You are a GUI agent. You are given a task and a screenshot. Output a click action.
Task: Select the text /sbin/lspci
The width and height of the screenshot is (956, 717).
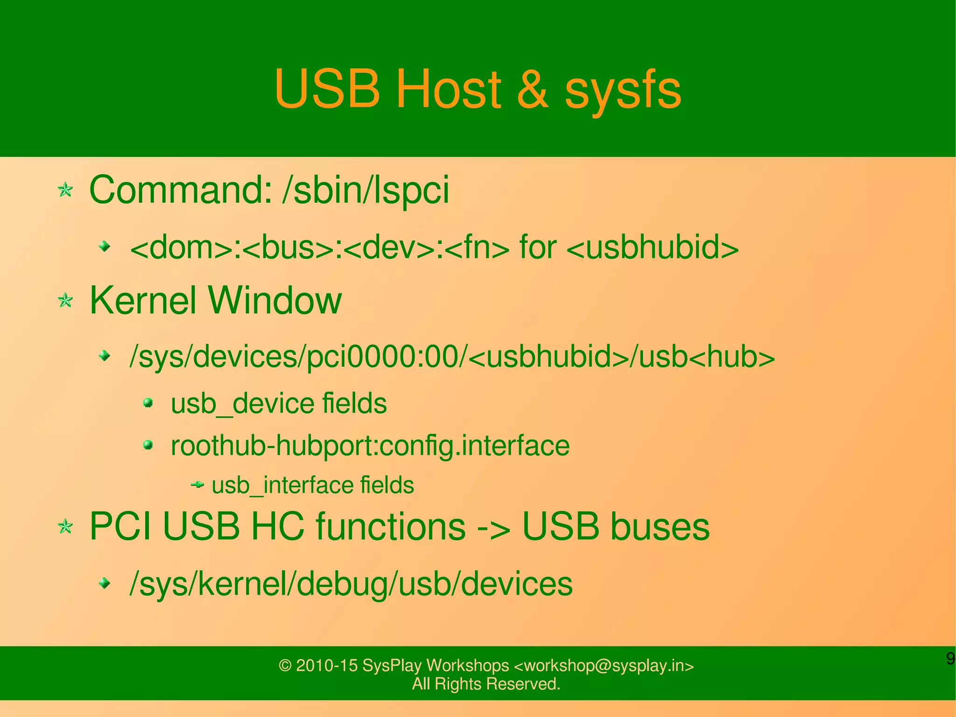[366, 190]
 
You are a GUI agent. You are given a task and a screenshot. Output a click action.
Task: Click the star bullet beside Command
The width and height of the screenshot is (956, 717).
[65, 190]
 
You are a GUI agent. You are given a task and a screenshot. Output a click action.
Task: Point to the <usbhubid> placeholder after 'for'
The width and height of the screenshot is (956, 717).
[653, 247]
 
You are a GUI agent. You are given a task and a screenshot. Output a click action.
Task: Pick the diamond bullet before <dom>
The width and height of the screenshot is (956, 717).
[105, 246]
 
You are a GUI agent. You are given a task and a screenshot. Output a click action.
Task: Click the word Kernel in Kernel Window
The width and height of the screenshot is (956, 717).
[143, 300]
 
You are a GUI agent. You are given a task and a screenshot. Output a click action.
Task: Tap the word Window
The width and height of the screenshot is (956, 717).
[275, 300]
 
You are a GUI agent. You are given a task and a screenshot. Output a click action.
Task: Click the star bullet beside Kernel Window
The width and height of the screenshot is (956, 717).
[65, 300]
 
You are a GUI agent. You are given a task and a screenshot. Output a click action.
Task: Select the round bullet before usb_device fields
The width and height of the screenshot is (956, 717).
[148, 403]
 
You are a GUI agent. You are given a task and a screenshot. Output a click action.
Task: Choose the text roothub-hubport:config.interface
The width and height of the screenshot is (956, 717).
[370, 446]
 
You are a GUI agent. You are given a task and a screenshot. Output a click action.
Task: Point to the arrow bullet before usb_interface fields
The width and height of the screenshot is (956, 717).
[198, 485]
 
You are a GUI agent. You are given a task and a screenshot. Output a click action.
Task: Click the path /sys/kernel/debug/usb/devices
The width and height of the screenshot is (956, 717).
[351, 584]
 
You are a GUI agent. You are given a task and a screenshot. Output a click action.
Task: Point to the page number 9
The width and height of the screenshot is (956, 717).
[950, 659]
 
